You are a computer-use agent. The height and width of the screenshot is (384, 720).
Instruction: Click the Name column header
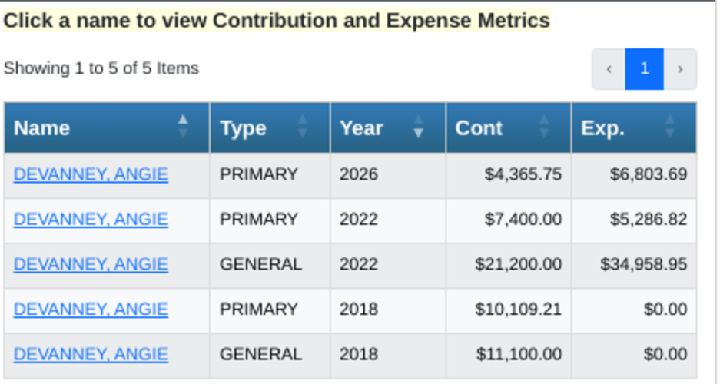click(107, 127)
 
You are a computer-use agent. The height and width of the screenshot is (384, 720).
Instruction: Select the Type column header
click(270, 127)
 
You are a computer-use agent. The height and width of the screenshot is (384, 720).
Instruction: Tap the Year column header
click(388, 127)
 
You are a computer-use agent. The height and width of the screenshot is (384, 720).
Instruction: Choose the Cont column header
click(509, 127)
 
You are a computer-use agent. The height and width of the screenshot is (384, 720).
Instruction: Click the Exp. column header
click(634, 127)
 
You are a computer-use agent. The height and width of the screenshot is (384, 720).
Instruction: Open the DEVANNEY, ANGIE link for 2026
click(91, 174)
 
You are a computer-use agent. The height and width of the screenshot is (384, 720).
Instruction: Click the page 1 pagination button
click(644, 69)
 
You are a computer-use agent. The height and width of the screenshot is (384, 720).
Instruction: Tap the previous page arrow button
click(609, 69)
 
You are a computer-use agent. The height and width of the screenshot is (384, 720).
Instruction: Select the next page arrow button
click(680, 69)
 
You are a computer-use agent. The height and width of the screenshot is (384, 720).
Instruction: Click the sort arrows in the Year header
click(418, 127)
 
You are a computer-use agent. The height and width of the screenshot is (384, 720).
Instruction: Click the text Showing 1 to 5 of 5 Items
click(101, 68)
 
